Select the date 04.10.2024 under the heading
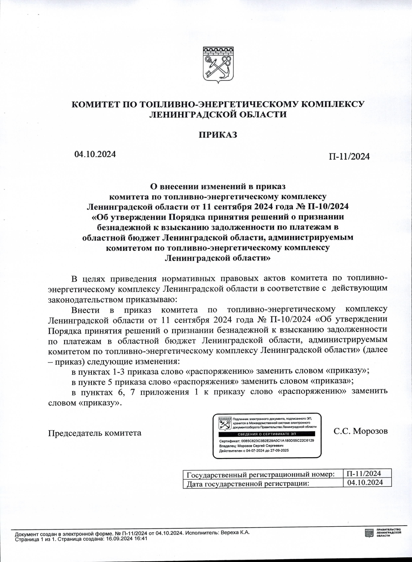pyautogui.click(x=95, y=154)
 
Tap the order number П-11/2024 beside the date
pyautogui.click(x=349, y=156)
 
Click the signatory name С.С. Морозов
pyautogui.click(x=360, y=431)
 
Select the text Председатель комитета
pyautogui.click(x=95, y=433)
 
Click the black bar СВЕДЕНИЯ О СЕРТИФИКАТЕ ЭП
pyautogui.click(x=267, y=434)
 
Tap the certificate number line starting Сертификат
pyautogui.click(x=266, y=441)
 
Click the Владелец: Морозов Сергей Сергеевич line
pyautogui.click(x=251, y=445)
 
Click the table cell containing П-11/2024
pyautogui.click(x=364, y=473)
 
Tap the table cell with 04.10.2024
pyautogui.click(x=365, y=482)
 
